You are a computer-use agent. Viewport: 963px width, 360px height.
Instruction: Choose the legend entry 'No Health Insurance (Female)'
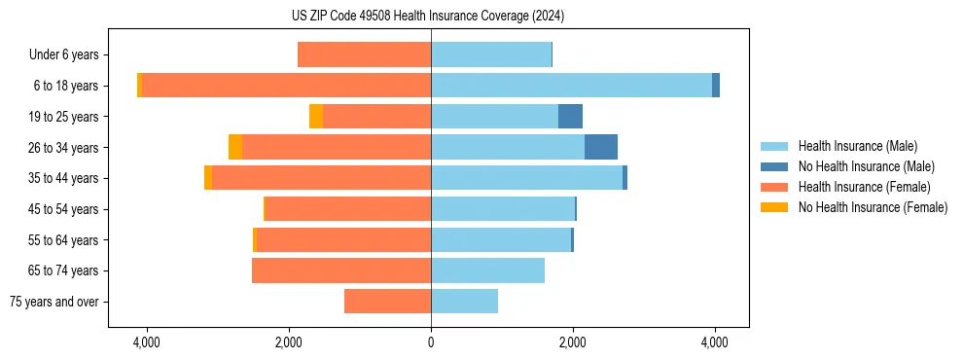tap(873, 207)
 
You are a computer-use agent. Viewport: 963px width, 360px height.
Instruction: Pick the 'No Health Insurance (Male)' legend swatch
tap(774, 166)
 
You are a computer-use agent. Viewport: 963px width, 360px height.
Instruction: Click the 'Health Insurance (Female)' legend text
tap(864, 187)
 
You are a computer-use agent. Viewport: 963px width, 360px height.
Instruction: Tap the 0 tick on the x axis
tap(431, 342)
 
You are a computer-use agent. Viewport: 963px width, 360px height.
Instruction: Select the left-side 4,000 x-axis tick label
tap(147, 342)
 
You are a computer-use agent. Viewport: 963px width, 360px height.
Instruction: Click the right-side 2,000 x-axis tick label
tap(573, 342)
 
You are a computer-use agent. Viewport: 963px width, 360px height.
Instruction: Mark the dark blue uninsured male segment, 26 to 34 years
tap(601, 147)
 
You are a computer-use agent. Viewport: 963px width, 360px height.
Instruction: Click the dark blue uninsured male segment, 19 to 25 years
tap(570, 117)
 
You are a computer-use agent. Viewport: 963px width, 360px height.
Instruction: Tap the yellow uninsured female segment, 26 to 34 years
tap(235, 147)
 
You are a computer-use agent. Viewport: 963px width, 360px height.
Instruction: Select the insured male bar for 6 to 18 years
tap(571, 86)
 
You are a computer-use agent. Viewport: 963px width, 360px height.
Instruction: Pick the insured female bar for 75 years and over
tap(387, 302)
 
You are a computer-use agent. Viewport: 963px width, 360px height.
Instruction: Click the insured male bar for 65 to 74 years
tap(487, 270)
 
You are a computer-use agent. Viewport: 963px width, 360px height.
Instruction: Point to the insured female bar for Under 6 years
tap(364, 54)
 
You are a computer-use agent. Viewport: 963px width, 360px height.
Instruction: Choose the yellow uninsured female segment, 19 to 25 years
tap(316, 117)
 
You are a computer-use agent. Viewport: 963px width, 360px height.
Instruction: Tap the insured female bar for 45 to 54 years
tap(348, 209)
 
